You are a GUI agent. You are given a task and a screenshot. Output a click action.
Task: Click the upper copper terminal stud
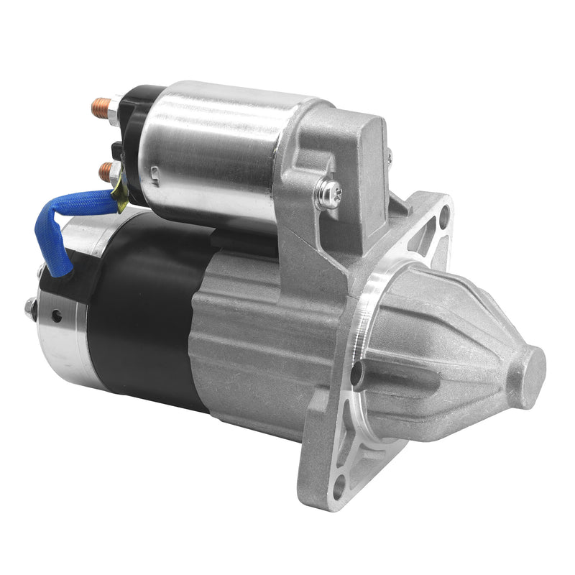point(99,109)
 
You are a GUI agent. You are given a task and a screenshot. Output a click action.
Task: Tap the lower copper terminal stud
point(106,171)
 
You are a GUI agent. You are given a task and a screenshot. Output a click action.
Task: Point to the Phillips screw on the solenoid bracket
point(329,193)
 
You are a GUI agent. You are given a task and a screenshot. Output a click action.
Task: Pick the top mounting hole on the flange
point(444,213)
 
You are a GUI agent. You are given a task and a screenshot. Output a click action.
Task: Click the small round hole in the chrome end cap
point(57,314)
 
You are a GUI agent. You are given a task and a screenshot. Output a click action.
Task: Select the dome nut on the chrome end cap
point(31,308)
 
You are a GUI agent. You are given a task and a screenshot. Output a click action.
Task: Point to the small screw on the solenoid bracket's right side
point(390,157)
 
